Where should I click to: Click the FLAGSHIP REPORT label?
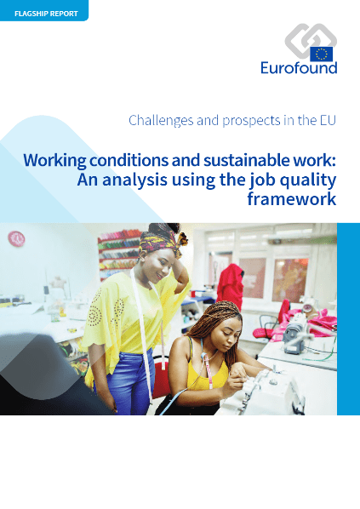[x=46, y=14]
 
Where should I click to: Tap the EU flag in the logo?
[x=322, y=54]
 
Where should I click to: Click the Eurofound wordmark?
[x=299, y=68]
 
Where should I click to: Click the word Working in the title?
[x=54, y=161]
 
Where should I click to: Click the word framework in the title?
[x=292, y=198]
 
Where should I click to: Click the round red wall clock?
[x=16, y=239]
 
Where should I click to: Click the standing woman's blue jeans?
[x=125, y=380]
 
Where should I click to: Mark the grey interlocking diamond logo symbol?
[x=309, y=40]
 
